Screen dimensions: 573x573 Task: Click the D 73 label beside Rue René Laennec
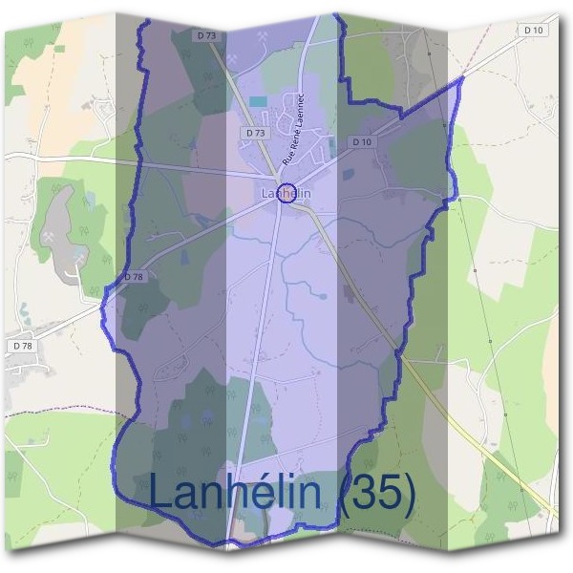tap(254, 134)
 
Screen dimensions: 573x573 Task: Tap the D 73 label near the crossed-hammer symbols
tap(206, 35)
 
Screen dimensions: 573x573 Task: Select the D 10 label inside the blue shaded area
tap(360, 141)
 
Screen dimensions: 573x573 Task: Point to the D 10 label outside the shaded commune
tap(534, 31)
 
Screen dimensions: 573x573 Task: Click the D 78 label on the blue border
tap(133, 276)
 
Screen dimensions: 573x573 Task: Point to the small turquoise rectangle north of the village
tap(258, 100)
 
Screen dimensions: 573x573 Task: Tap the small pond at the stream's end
tap(323, 295)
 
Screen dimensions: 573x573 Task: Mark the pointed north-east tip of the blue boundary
tap(462, 79)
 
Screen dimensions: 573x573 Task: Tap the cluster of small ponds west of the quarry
tap(23, 310)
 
